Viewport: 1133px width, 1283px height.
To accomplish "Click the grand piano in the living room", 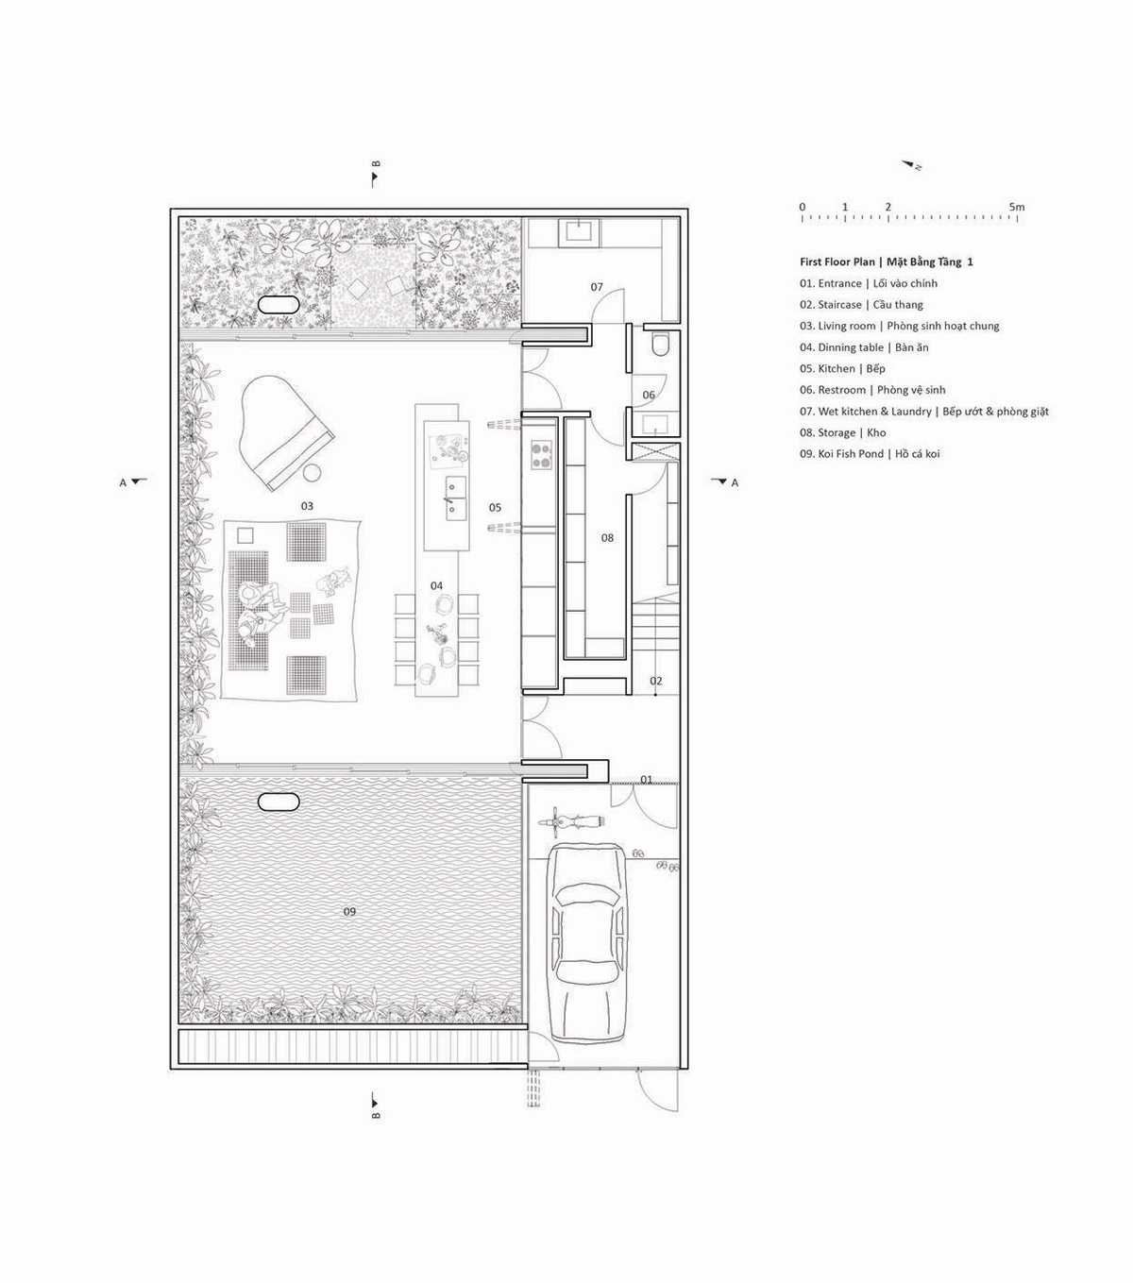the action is pyautogui.click(x=285, y=430).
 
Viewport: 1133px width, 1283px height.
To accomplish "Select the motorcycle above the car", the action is pyautogui.click(x=570, y=822).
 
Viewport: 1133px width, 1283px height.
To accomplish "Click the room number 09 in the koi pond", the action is pyautogui.click(x=349, y=911).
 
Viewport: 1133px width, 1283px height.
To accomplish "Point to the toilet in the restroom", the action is pyautogui.click(x=661, y=344).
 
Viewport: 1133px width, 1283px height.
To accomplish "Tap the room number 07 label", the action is pyautogui.click(x=597, y=287).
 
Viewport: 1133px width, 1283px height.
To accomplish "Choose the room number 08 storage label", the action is pyautogui.click(x=607, y=537).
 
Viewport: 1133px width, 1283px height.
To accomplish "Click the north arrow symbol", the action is pyautogui.click(x=912, y=164).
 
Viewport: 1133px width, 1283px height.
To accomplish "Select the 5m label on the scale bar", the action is pyautogui.click(x=1017, y=207).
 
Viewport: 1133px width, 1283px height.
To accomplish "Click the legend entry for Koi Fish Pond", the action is pyautogui.click(x=870, y=453).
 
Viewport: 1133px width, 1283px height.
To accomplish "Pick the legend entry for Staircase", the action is pyautogui.click(x=861, y=305).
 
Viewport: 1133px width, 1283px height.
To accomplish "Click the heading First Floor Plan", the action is pyautogui.click(x=837, y=262).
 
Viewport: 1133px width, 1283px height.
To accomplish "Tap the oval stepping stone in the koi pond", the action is pyautogui.click(x=278, y=802).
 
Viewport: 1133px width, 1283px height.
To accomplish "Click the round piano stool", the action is pyautogui.click(x=312, y=472).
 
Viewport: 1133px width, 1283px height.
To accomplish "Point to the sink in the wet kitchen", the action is pyautogui.click(x=579, y=232).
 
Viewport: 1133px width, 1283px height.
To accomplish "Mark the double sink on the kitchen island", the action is pyautogui.click(x=455, y=498).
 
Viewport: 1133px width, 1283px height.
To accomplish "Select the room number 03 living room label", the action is pyautogui.click(x=307, y=506).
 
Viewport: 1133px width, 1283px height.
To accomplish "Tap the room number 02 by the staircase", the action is pyautogui.click(x=656, y=681).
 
